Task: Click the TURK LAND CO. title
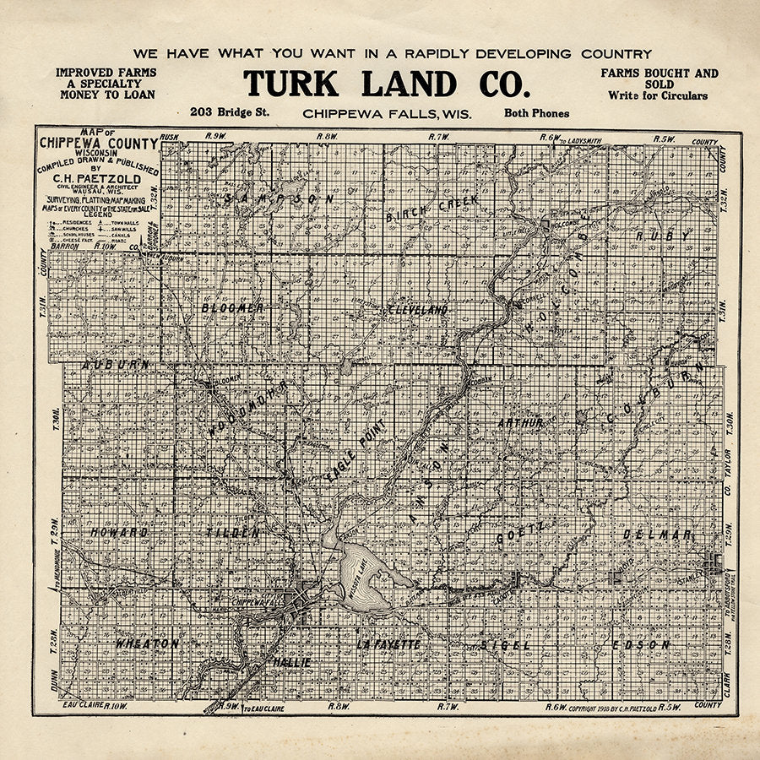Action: (x=387, y=84)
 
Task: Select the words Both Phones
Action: (x=536, y=112)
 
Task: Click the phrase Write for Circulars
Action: (x=658, y=96)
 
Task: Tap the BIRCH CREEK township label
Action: (x=432, y=209)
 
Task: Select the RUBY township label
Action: (x=662, y=236)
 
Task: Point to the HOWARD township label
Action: (x=119, y=533)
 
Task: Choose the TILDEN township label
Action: (x=232, y=533)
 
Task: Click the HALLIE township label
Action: (x=292, y=662)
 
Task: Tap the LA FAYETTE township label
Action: (x=388, y=644)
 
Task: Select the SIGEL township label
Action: (x=506, y=644)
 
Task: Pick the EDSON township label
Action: (x=641, y=644)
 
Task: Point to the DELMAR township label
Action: (x=657, y=534)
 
